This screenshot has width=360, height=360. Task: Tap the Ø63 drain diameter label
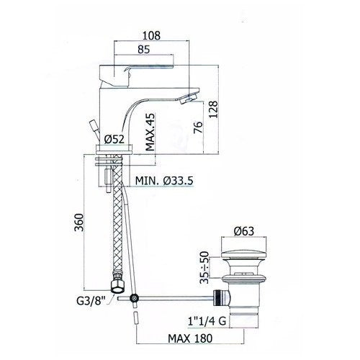[x=244, y=231]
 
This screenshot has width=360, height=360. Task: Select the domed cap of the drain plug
[x=243, y=251]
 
